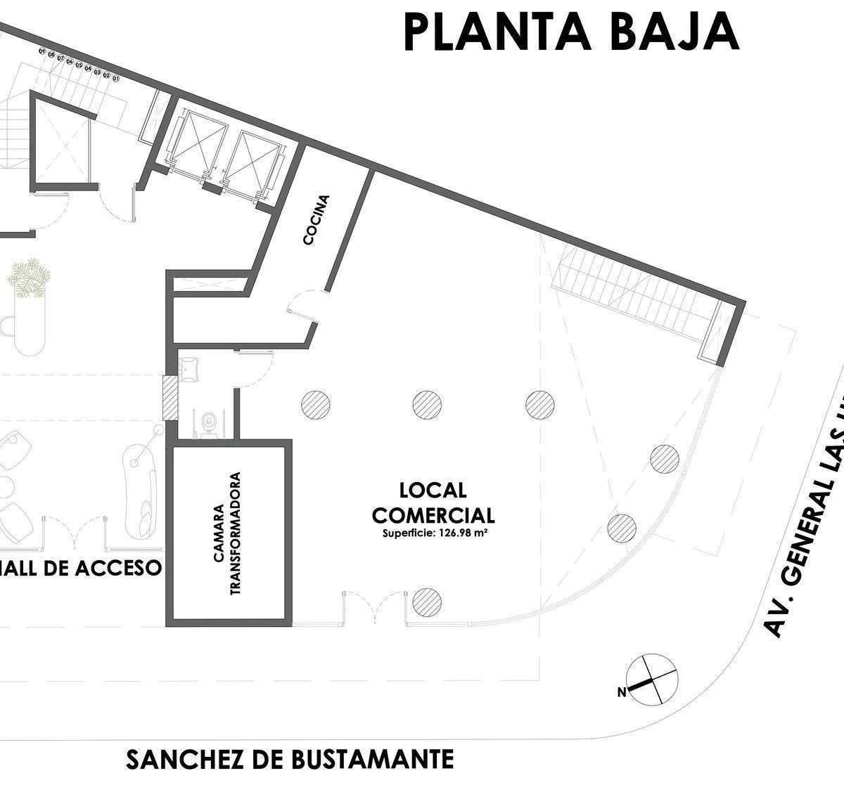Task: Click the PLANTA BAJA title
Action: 571,32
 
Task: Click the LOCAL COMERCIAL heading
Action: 433,502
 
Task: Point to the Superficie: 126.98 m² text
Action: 435,533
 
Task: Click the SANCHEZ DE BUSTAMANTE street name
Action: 290,760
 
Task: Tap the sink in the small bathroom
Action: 188,368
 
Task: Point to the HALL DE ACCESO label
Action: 81,568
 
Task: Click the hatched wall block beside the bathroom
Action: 170,398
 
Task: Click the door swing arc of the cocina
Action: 303,306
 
